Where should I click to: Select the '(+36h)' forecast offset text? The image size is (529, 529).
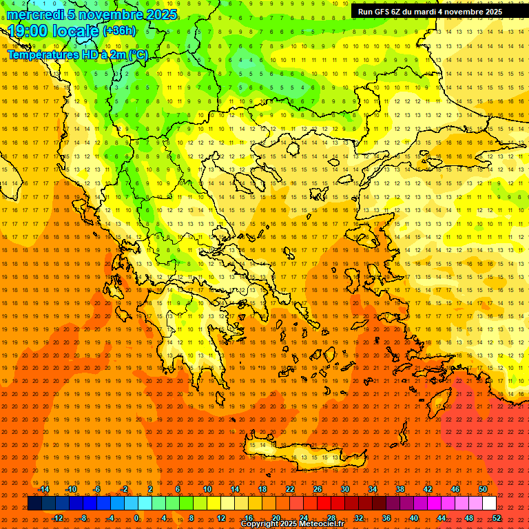click(119, 31)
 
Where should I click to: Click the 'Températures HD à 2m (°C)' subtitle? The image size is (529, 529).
click(77, 54)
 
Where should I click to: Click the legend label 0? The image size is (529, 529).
click(136, 518)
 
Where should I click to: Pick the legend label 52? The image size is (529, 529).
click(497, 518)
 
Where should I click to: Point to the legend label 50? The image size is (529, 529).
click(483, 489)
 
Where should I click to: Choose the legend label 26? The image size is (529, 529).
click(318, 489)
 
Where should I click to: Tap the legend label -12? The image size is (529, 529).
click(57, 518)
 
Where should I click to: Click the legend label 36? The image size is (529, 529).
click(386, 518)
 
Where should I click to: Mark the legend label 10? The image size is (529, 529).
click(207, 489)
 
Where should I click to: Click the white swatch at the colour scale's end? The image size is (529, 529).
click(490, 504)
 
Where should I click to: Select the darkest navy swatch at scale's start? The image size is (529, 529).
click(34, 504)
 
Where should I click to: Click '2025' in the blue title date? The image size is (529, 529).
click(160, 14)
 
